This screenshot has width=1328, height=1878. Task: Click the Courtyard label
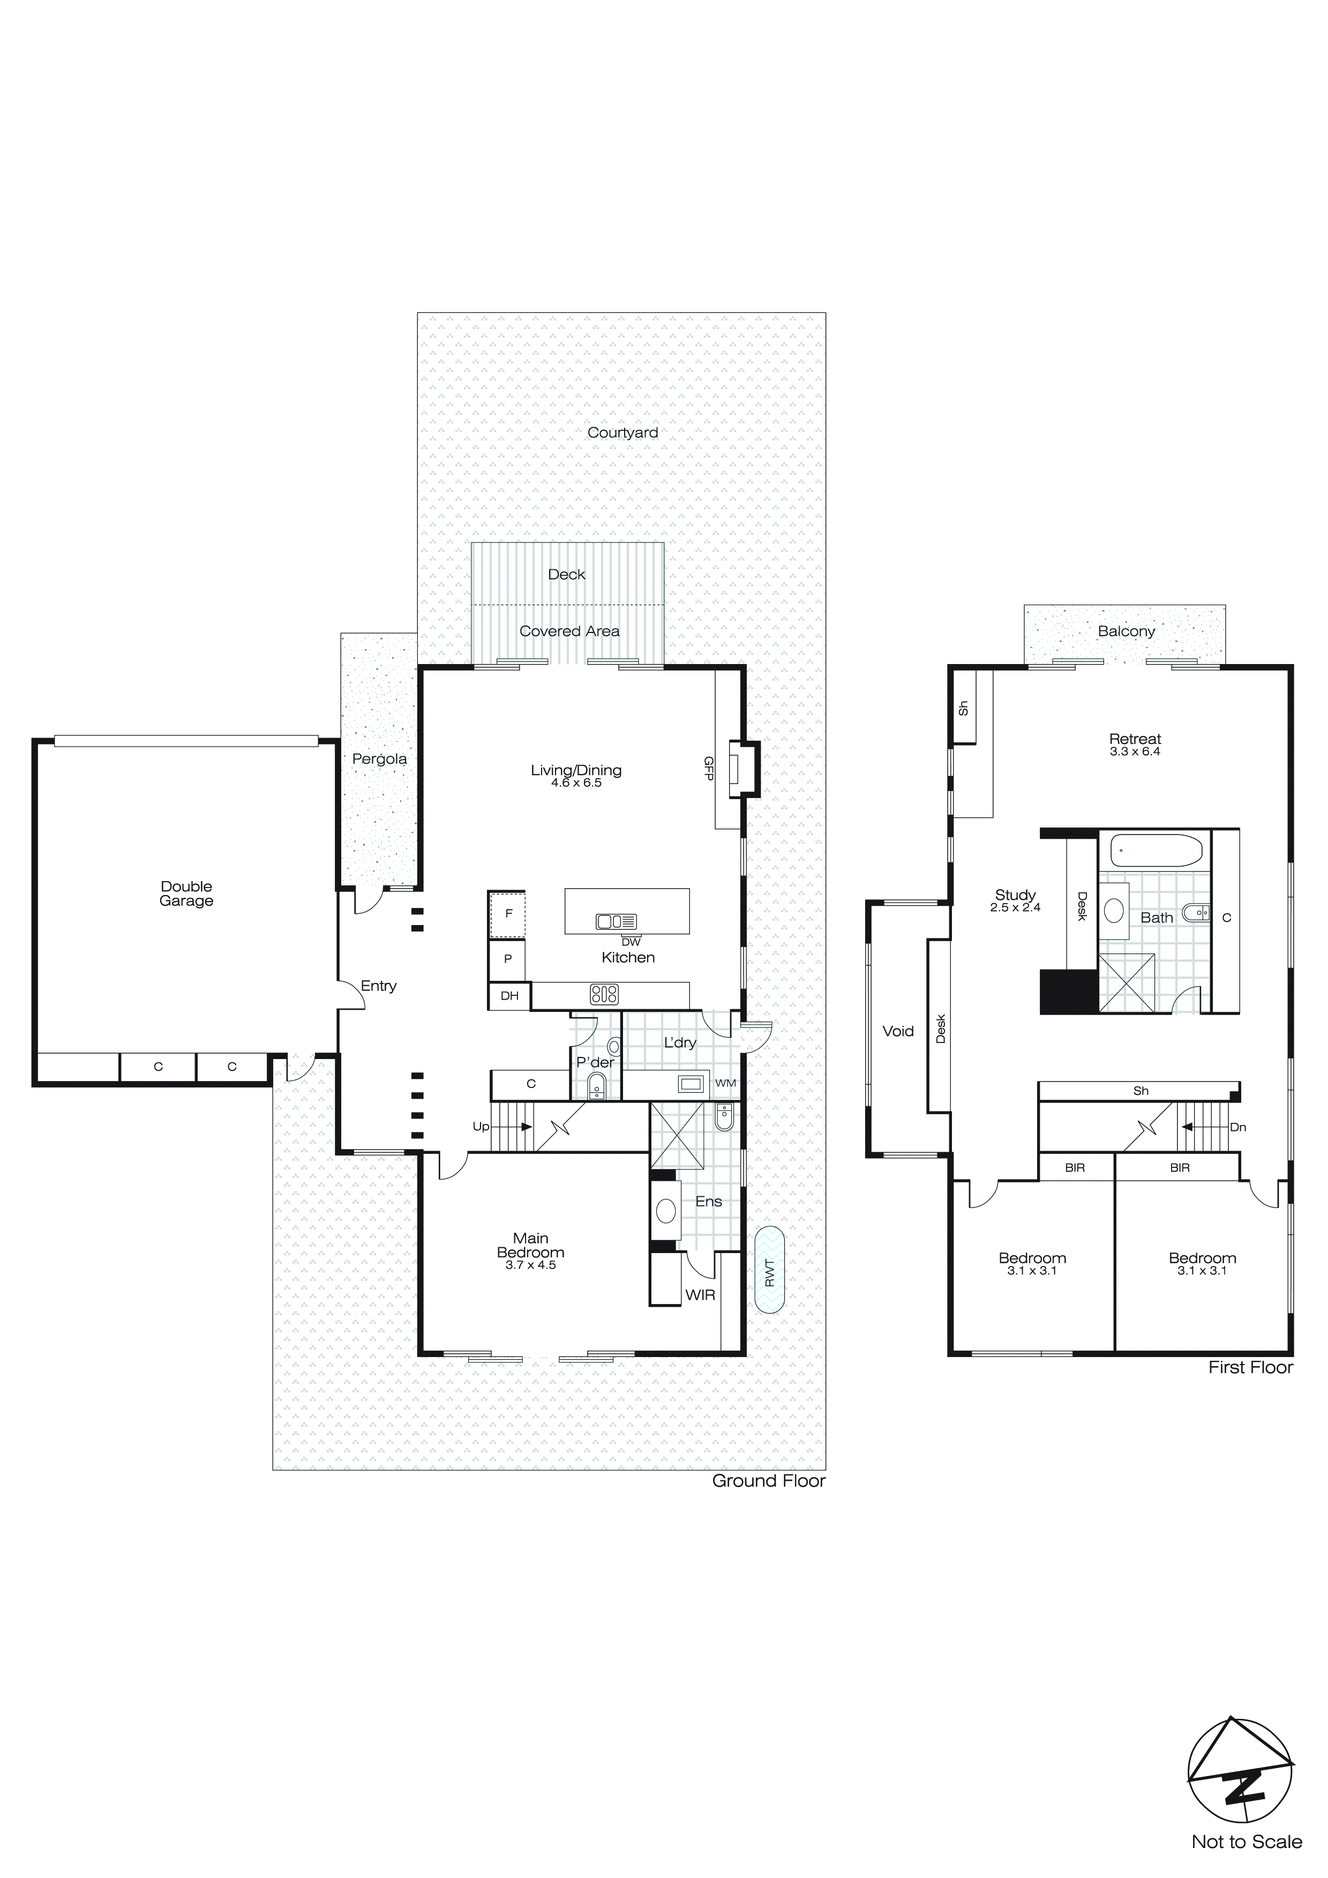pos(622,433)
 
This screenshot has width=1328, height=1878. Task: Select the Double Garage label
pos(186,893)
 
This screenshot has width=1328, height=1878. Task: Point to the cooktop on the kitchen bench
pos(604,995)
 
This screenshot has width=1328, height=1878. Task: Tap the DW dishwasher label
pos(631,942)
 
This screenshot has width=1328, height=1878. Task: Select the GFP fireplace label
pos(709,768)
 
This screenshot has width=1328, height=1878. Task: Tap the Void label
pos(897,1031)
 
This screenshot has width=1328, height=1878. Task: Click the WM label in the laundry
pos(725,1083)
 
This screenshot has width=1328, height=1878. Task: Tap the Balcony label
pos(1126,631)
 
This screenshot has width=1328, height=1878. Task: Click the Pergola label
pos(379,759)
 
